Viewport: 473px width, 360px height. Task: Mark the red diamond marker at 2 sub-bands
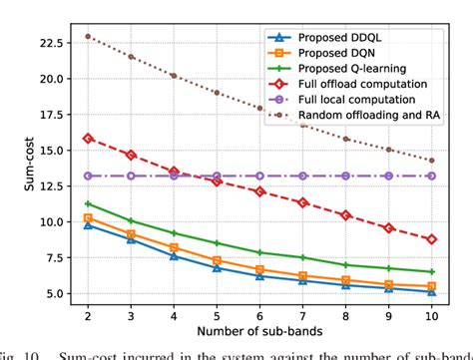(x=88, y=138)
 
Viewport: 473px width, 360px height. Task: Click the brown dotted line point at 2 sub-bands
(x=88, y=36)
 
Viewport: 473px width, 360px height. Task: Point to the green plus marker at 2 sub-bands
(x=88, y=203)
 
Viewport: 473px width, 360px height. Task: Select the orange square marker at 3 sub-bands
(x=131, y=234)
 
